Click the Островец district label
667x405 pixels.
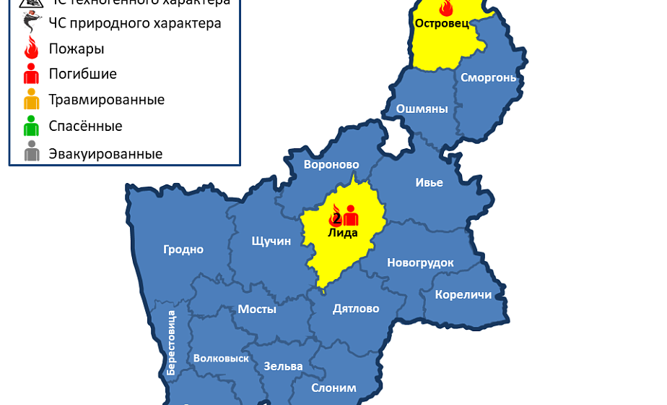click(x=442, y=23)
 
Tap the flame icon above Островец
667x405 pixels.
click(x=445, y=8)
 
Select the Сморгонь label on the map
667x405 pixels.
click(x=488, y=77)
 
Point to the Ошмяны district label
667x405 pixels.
click(x=422, y=109)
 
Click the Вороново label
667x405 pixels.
click(x=331, y=164)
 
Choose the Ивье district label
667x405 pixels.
click(x=429, y=182)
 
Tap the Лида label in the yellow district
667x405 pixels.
click(x=342, y=232)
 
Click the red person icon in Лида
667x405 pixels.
click(x=351, y=216)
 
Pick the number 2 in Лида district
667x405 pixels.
click(x=336, y=218)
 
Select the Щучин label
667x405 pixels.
click(x=271, y=241)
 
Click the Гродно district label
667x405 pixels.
click(x=183, y=250)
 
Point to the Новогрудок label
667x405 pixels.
click(x=420, y=263)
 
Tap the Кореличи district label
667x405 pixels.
click(x=463, y=294)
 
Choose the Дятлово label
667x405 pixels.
click(x=356, y=309)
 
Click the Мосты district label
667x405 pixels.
click(x=257, y=309)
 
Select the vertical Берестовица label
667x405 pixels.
click(x=171, y=341)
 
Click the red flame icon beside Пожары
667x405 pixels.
click(x=31, y=48)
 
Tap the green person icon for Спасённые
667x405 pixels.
click(x=31, y=127)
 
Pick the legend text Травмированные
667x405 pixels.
click(x=106, y=100)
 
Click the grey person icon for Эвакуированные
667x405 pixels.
click(x=31, y=153)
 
